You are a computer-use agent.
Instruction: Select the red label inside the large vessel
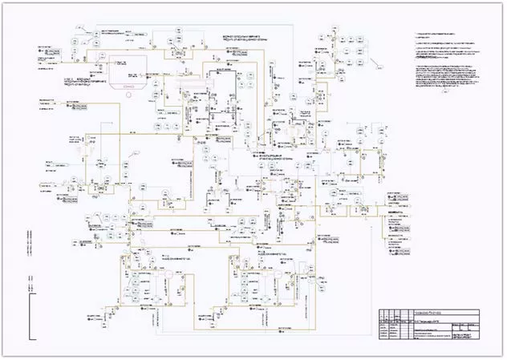128,82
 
